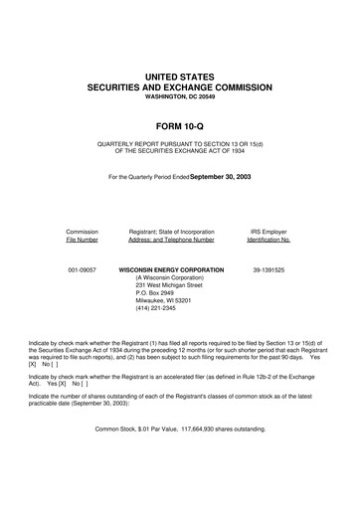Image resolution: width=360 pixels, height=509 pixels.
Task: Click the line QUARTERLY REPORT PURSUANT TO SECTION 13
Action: pos(179,144)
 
